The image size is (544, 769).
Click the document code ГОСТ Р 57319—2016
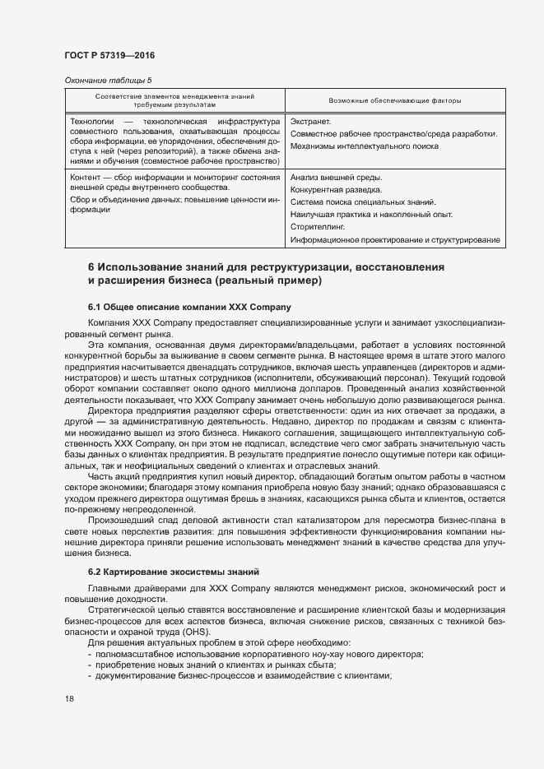tap(109, 55)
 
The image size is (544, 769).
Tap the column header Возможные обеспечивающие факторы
tap(394, 100)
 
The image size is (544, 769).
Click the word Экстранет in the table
tap(310, 122)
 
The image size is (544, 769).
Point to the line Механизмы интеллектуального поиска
tap(365, 146)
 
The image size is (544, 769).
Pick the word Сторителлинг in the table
tap(317, 226)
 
